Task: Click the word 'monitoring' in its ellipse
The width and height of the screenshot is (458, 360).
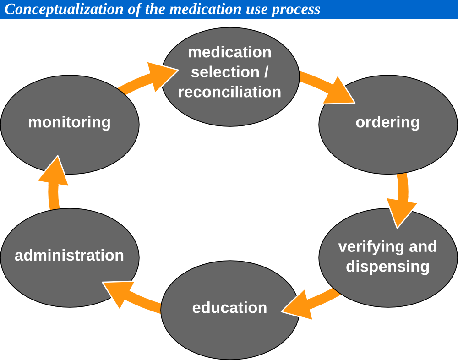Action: click(x=69, y=122)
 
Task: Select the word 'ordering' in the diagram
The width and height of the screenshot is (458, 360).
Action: click(x=387, y=122)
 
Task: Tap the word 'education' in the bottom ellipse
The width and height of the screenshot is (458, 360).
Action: click(x=229, y=308)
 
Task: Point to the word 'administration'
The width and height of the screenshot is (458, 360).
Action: click(x=69, y=255)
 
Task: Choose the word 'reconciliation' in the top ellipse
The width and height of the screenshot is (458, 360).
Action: click(x=229, y=92)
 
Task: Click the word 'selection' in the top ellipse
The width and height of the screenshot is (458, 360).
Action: click(x=225, y=72)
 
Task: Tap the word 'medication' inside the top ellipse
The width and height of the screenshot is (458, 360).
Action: click(x=229, y=52)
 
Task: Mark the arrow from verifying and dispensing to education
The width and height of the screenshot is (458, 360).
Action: click(x=310, y=304)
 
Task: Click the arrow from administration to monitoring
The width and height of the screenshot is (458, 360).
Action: click(x=55, y=183)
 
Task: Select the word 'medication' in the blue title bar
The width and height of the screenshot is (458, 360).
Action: click(x=206, y=9)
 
